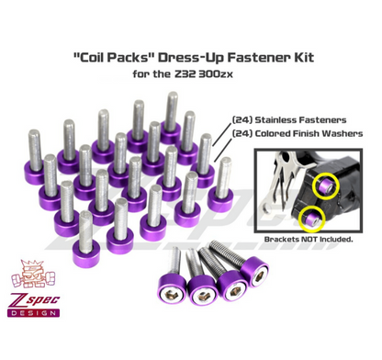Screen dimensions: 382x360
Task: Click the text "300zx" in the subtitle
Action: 216,74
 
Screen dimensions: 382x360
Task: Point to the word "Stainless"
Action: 275,119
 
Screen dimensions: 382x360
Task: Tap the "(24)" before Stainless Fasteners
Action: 242,119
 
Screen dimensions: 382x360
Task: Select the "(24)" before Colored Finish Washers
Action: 242,133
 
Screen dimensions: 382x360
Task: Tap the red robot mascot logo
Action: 33,274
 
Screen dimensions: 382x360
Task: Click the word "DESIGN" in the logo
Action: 34,313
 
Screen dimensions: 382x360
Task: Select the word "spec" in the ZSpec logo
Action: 42,300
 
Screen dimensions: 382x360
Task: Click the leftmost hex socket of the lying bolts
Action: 172,295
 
